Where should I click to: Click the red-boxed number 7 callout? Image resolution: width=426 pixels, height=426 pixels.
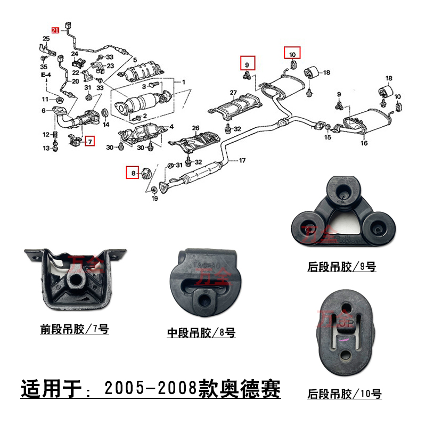[x=89, y=142]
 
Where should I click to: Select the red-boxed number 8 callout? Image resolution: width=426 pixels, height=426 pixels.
[x=131, y=172]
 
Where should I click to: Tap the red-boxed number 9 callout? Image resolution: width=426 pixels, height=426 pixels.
[x=247, y=64]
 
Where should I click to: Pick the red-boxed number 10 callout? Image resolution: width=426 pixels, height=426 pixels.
[x=292, y=54]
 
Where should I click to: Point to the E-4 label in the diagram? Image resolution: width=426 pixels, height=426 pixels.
[x=46, y=75]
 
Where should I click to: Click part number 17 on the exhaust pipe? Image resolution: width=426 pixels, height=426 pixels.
[x=242, y=160]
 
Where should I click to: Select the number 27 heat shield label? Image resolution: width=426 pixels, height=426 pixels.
[x=233, y=93]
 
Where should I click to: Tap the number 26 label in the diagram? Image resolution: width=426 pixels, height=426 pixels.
[x=195, y=128]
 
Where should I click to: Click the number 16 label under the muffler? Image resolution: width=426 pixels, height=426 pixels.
[x=364, y=143]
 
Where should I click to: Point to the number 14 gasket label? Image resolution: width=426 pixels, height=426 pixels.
[x=105, y=125]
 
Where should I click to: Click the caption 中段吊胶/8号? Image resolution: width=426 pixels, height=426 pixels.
[x=201, y=333]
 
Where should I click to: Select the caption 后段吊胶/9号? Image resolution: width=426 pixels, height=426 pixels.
[x=341, y=267]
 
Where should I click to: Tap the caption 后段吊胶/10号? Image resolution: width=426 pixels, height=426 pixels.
[x=344, y=394]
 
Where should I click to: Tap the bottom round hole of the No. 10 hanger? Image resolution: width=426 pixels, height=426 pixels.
[x=344, y=356]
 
